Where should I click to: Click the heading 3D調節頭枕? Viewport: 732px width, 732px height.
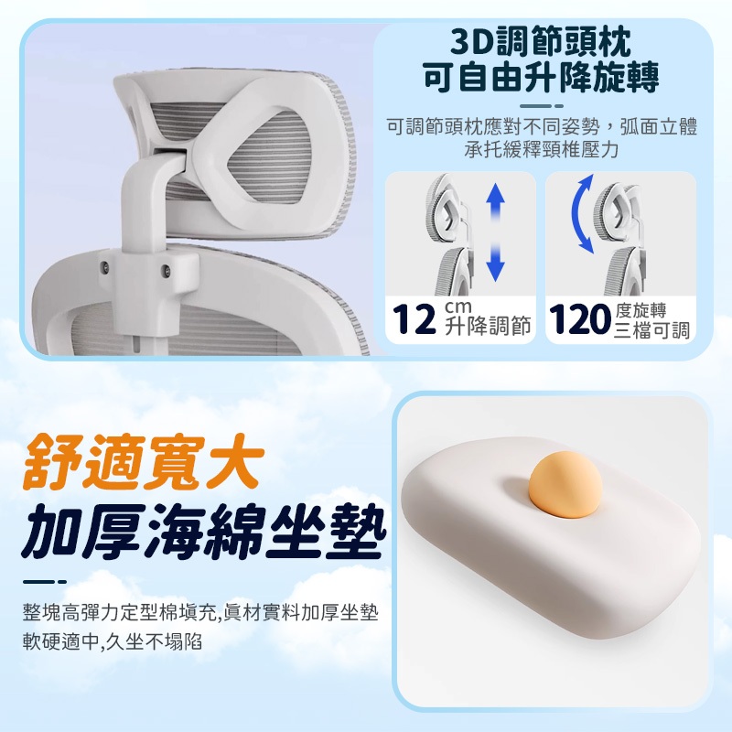[x=541, y=42]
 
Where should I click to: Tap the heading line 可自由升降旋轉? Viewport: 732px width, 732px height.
[x=541, y=78]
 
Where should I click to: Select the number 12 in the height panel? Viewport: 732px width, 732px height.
[x=414, y=319]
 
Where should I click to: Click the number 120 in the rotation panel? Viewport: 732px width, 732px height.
[x=580, y=319]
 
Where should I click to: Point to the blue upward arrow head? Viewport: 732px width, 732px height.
[x=495, y=192]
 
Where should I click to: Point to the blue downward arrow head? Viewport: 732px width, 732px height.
[x=495, y=271]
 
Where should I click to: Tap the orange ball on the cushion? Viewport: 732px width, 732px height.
[x=565, y=485]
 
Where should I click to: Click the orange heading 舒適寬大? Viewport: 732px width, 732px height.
[x=144, y=463]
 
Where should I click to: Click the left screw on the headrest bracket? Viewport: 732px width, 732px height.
[x=105, y=267]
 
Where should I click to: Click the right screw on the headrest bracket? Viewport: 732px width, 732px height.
[x=166, y=270]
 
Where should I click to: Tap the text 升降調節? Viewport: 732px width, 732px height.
[x=488, y=326]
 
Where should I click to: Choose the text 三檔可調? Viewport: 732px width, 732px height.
[x=651, y=330]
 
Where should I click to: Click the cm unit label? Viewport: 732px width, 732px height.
[x=458, y=307]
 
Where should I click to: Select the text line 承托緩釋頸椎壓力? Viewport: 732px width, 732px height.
[x=542, y=149]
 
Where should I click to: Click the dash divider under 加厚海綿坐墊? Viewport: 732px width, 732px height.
[x=45, y=582]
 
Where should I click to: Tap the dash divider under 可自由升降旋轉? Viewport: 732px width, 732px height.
[x=542, y=106]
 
